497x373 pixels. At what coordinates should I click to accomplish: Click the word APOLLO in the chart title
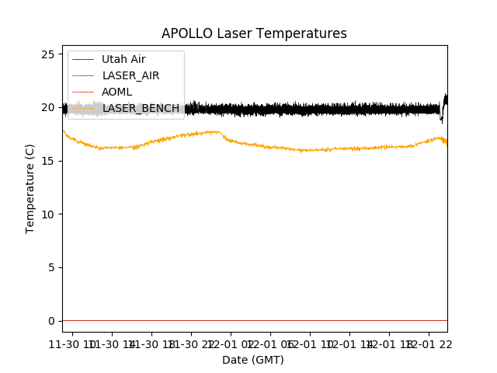pos(186,34)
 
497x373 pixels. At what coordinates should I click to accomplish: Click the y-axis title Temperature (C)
pos(30,188)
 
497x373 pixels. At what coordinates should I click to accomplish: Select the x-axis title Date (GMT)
pos(253,360)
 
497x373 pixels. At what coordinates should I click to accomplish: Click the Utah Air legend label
pos(123,60)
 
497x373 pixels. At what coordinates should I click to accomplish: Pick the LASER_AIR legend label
pos(130,76)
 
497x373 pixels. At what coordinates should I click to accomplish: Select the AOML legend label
pos(117,92)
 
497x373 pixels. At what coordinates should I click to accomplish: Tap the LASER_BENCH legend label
pos(141,108)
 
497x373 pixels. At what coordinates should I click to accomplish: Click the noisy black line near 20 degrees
pos(311,110)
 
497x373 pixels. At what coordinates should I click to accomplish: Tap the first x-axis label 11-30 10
pos(71,344)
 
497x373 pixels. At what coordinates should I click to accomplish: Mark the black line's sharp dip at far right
pos(442,119)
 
